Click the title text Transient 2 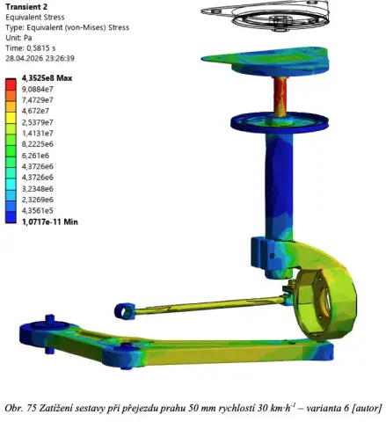click(26, 7)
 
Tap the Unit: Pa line click(18, 38)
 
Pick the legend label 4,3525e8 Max click(47, 78)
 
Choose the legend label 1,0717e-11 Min click(50, 222)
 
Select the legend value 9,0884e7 click(38, 89)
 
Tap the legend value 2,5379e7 click(38, 122)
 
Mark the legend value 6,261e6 click(35, 156)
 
